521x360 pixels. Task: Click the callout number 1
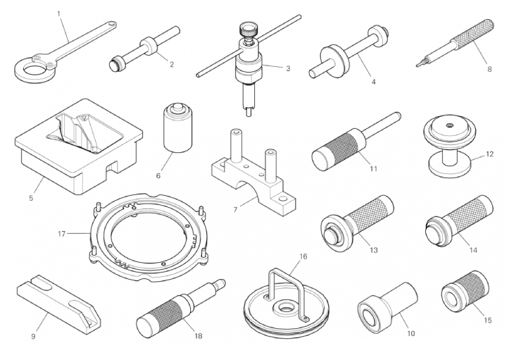[x=59, y=13]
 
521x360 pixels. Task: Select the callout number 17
[x=61, y=234]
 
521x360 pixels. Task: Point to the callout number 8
[x=489, y=69]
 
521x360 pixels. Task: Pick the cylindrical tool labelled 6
[x=178, y=128]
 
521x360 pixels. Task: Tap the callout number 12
[x=490, y=154]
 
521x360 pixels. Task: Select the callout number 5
[x=31, y=198]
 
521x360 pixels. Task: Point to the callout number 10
[x=411, y=333]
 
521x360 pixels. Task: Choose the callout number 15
[x=487, y=320]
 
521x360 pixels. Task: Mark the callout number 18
[x=198, y=336]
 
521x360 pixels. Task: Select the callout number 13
[x=374, y=249]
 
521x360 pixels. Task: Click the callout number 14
[x=473, y=249]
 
